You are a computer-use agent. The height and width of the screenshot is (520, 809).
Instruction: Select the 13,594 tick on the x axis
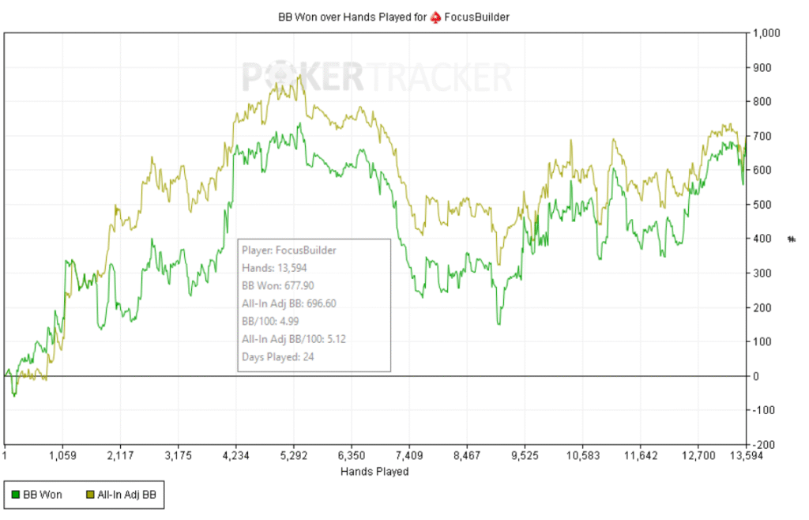[747, 455]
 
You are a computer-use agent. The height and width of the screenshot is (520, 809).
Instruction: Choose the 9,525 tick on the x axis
[525, 455]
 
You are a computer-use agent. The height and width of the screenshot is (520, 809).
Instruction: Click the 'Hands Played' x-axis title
[374, 472]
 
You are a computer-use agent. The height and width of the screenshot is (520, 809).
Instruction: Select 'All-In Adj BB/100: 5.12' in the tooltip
[294, 339]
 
